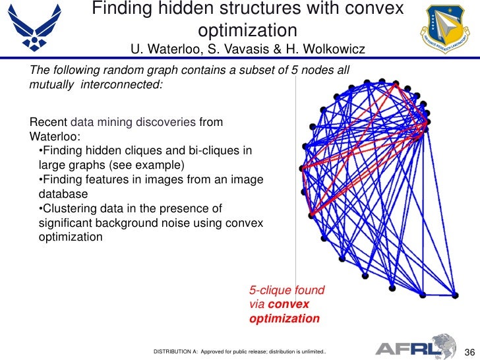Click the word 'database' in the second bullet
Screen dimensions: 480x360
tap(63, 194)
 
